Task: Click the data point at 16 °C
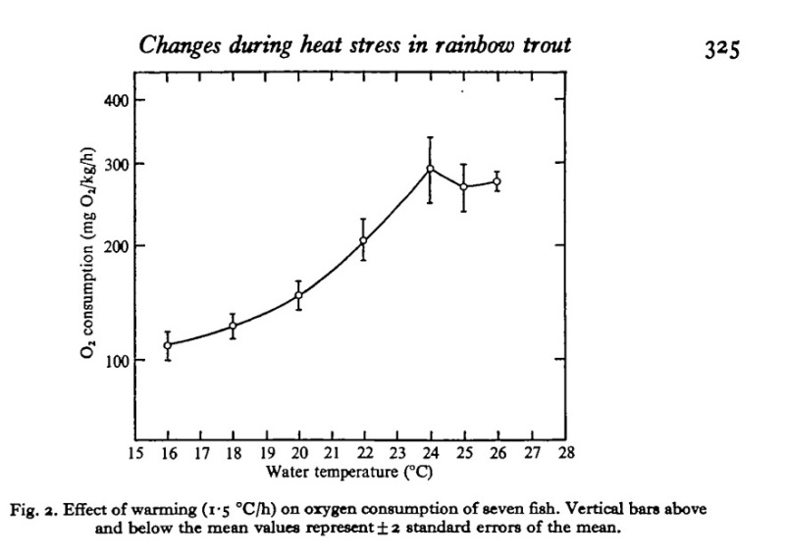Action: [x=168, y=345]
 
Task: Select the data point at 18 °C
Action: [x=234, y=326]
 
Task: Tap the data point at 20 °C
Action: [x=299, y=295]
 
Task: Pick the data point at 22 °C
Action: [x=364, y=240]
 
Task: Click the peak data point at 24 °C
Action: [x=430, y=169]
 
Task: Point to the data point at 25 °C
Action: [x=463, y=186]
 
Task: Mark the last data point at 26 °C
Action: [x=497, y=181]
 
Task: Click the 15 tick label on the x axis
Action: [x=134, y=454]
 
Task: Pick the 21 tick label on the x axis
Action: [x=332, y=454]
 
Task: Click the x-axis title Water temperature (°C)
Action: [x=348, y=471]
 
